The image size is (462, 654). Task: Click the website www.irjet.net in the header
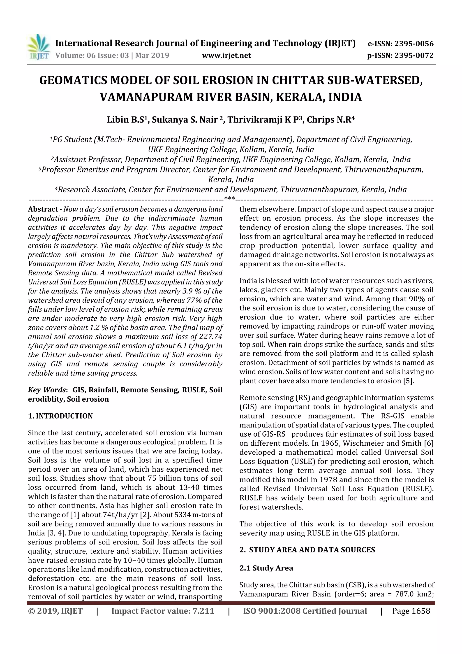(226, 56)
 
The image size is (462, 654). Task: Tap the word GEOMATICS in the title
(73, 81)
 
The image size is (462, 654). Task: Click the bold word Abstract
(43, 209)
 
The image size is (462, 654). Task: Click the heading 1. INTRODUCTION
(60, 416)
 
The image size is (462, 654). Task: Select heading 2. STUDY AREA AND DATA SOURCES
(307, 550)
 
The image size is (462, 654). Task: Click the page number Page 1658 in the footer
(411, 611)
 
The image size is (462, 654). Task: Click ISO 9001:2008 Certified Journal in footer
(305, 611)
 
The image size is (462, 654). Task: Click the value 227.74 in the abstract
(211, 337)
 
